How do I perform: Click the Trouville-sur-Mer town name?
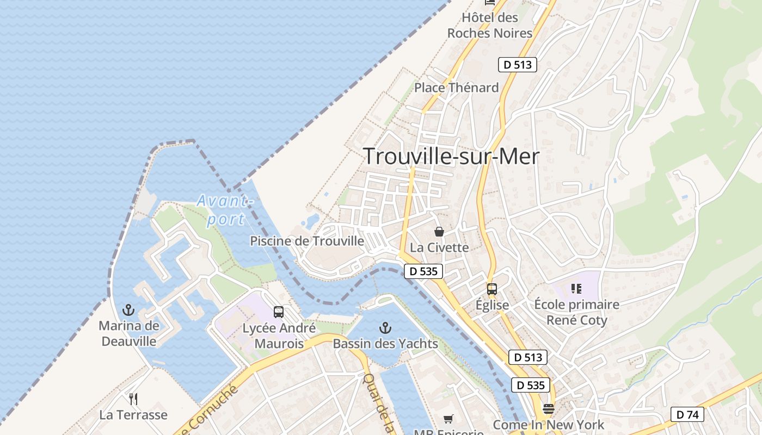click(x=451, y=157)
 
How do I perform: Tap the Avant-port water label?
click(x=225, y=210)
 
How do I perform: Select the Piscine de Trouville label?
click(x=307, y=241)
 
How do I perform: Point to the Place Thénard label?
click(x=456, y=88)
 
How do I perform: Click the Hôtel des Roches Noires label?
click(x=489, y=25)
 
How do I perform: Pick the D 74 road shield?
click(x=687, y=414)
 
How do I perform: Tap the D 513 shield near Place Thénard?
click(x=517, y=65)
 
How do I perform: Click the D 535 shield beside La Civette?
click(x=423, y=271)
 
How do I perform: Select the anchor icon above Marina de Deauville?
click(x=128, y=310)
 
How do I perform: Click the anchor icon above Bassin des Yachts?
click(x=385, y=328)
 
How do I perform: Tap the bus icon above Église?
click(x=492, y=289)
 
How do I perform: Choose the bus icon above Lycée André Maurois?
click(x=279, y=312)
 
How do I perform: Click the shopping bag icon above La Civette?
click(x=439, y=232)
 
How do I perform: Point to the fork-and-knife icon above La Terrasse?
click(x=133, y=399)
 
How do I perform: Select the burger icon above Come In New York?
click(x=549, y=409)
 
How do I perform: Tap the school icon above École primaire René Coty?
click(x=576, y=289)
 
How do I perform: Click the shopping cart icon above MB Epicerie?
click(x=448, y=419)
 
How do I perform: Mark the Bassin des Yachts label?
click(x=385, y=344)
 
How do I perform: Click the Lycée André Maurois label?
click(x=279, y=336)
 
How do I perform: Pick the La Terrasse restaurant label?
click(x=133, y=415)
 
